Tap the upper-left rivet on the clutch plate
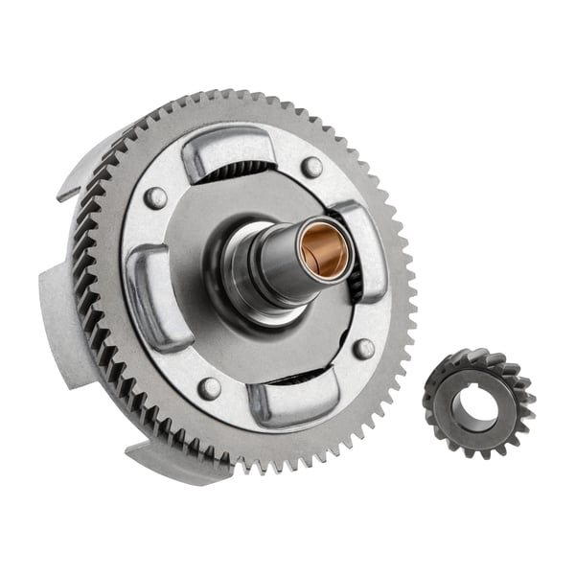(x=155, y=198)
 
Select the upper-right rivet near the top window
(x=311, y=167)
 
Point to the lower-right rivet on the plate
(x=363, y=349)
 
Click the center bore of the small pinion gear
(x=475, y=406)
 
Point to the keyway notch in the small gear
(x=461, y=393)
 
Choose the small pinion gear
(x=477, y=403)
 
